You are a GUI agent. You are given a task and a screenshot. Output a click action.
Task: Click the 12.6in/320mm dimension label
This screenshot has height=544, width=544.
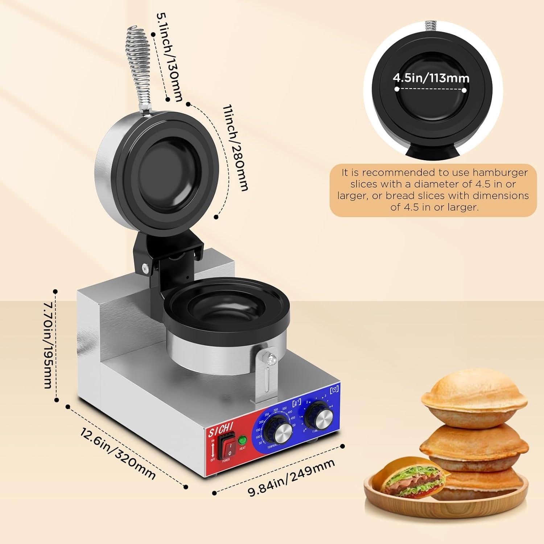(x=118, y=453)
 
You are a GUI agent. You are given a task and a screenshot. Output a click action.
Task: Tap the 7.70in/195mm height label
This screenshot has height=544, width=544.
(x=48, y=345)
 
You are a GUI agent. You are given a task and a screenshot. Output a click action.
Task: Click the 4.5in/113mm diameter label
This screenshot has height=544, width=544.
(x=431, y=78)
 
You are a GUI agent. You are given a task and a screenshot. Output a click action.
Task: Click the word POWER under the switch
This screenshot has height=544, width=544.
(x=226, y=460)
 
